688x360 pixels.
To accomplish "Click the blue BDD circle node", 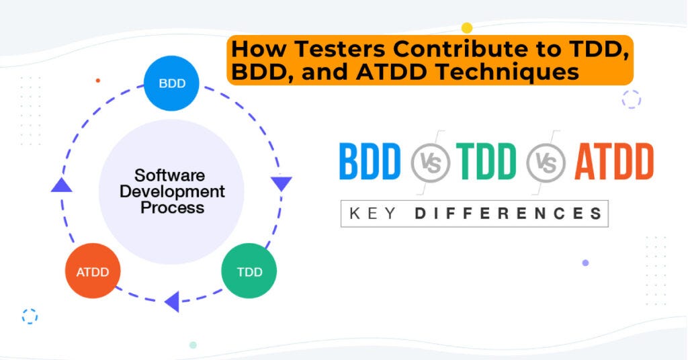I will (171, 83).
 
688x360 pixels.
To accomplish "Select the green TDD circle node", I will (249, 271).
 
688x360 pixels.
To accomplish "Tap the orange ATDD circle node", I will (92, 271).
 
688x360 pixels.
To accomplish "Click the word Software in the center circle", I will (169, 175).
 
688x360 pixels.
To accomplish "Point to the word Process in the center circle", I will (172, 208).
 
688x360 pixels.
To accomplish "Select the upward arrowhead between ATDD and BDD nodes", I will (62, 185).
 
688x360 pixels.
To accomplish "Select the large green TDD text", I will (486, 163).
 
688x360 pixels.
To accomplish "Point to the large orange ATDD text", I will (613, 163).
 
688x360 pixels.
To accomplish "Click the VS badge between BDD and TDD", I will (429, 163).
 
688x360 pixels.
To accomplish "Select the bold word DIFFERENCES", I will (508, 214).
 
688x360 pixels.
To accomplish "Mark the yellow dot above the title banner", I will (467, 28).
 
